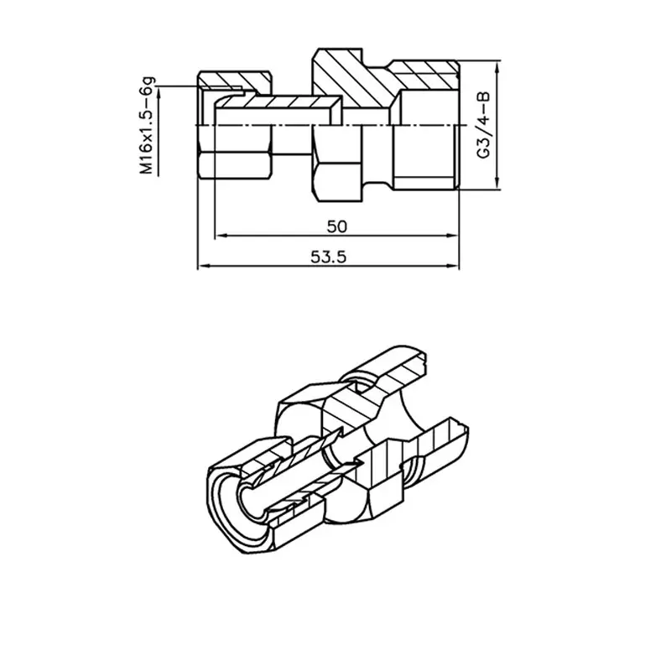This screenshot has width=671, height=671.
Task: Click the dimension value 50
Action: click(337, 226)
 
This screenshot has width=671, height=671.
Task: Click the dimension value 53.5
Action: click(328, 257)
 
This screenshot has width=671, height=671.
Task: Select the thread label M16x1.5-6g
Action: click(148, 125)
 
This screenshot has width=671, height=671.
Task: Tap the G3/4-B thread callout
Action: click(484, 124)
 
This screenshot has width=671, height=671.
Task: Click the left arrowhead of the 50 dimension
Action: click(220, 235)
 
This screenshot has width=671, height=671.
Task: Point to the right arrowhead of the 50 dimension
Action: click(453, 235)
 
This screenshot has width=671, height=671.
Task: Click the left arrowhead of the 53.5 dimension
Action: click(203, 266)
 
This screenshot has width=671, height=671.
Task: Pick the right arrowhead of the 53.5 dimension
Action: click(453, 266)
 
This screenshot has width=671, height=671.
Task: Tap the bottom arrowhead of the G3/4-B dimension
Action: click(497, 184)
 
